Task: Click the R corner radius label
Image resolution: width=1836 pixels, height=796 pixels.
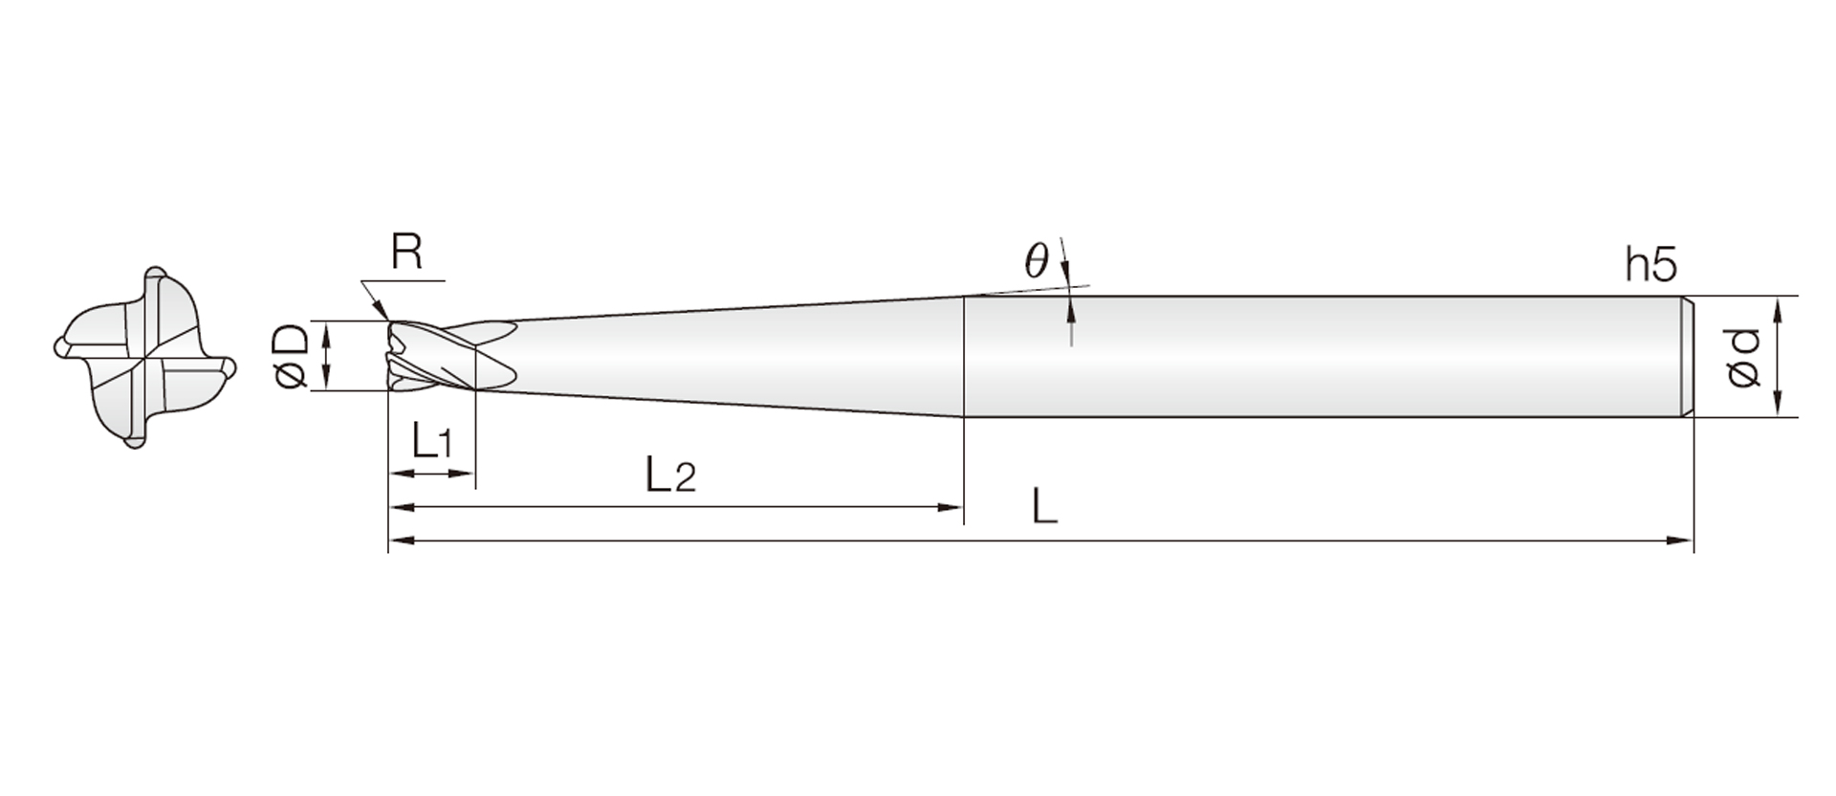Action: (x=406, y=253)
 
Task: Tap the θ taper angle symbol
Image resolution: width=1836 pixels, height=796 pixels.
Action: (x=1037, y=259)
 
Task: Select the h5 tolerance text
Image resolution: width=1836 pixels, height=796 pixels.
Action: (x=1651, y=265)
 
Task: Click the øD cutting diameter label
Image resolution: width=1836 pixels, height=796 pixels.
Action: (x=293, y=356)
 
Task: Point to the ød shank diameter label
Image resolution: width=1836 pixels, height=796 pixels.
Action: (x=1743, y=358)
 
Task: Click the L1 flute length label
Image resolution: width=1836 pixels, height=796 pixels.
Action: (x=430, y=441)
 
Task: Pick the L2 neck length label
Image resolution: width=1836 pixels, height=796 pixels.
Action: (x=670, y=475)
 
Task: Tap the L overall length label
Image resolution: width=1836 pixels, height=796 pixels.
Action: (x=1044, y=505)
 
